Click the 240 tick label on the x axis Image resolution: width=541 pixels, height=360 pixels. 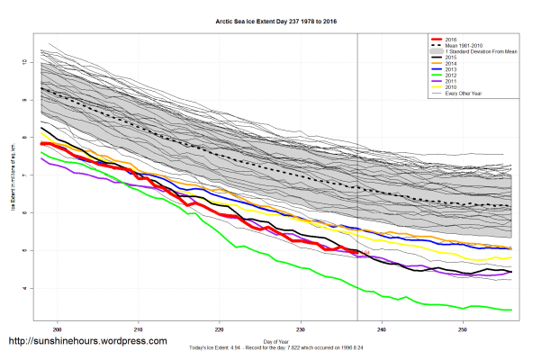click(x=383, y=329)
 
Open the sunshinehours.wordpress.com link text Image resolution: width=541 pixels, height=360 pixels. click(x=87, y=342)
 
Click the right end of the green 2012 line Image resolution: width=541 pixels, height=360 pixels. click(x=512, y=310)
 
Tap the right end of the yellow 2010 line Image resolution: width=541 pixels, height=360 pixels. click(x=512, y=258)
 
